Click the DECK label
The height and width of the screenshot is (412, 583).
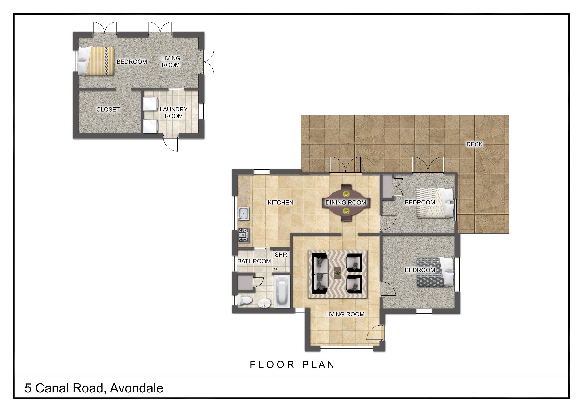click(474, 144)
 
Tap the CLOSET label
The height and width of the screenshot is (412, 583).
click(108, 110)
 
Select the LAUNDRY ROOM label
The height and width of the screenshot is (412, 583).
click(174, 113)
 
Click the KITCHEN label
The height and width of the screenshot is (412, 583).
click(280, 203)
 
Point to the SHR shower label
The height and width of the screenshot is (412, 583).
click(281, 255)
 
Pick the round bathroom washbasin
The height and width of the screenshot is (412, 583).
click(264, 303)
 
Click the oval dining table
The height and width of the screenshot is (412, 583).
click(346, 203)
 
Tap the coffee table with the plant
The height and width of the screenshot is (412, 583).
click(337, 273)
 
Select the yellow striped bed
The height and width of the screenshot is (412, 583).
click(95, 61)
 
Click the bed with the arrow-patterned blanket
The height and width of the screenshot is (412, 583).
click(435, 272)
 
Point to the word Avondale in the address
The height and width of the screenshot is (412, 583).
click(137, 388)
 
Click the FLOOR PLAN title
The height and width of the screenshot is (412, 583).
click(293, 365)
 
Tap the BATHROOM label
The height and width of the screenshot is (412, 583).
click(254, 261)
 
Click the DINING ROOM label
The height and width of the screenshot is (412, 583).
click(346, 203)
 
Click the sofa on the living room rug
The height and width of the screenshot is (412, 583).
click(321, 274)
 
